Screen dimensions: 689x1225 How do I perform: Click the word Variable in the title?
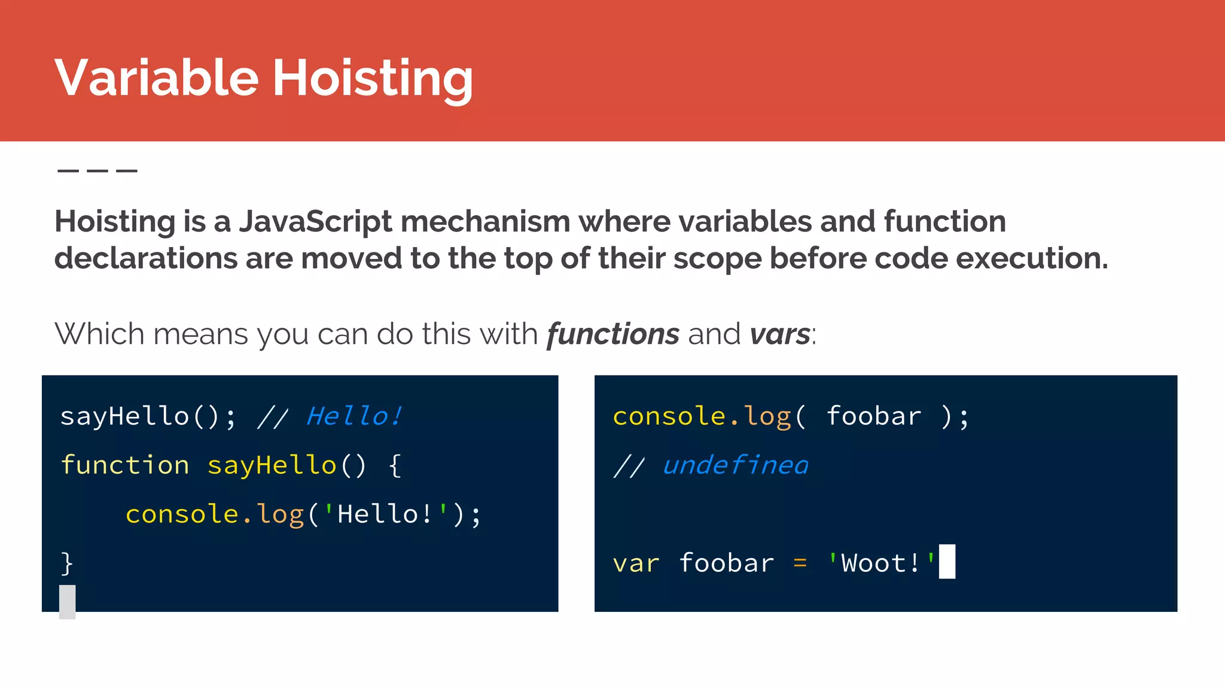157,78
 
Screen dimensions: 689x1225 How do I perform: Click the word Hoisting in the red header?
373,78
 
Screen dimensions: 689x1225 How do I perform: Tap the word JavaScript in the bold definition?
315,221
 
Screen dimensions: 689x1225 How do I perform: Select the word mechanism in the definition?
485,221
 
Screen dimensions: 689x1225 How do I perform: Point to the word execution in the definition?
1031,258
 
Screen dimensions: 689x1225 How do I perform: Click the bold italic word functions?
612,334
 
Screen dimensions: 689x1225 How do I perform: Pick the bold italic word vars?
779,334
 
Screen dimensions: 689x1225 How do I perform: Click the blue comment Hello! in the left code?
354,416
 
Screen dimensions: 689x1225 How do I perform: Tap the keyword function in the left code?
125,465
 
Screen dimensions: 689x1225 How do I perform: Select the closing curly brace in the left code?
67,563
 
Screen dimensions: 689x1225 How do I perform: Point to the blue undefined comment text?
735,465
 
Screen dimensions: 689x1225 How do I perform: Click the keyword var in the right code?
636,563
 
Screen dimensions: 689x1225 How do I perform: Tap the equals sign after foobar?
800,563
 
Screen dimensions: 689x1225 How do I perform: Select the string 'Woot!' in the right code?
881,563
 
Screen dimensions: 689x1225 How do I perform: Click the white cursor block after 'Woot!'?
947,562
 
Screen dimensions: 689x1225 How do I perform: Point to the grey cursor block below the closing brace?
68,602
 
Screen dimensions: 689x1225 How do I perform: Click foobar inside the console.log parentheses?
874,416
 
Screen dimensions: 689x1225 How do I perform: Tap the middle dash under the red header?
97,171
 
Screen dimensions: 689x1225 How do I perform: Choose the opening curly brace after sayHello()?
395,465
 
